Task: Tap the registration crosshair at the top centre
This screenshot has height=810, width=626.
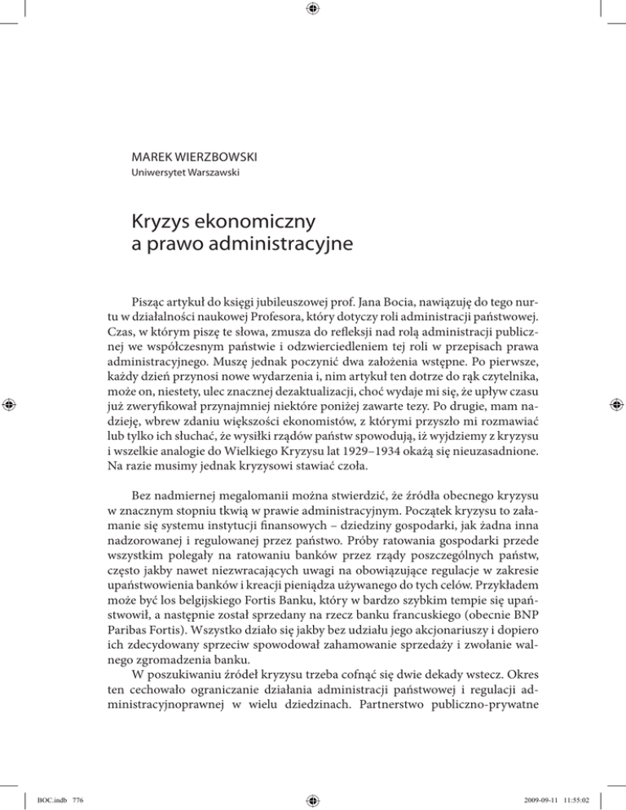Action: pyautogui.click(x=313, y=9)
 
